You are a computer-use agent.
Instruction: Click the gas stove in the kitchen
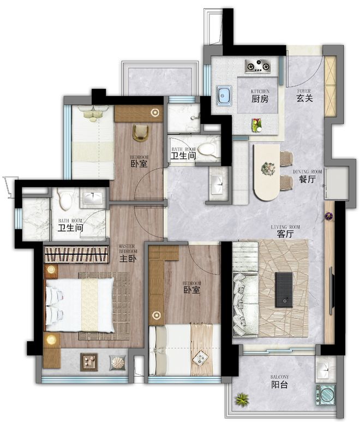pyautogui.click(x=257, y=66)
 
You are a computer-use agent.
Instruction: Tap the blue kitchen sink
pyautogui.click(x=224, y=96)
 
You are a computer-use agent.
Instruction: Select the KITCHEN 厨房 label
pyautogui.click(x=260, y=96)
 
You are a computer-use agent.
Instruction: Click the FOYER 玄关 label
pyautogui.click(x=304, y=96)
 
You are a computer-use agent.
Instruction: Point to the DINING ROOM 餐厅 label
pyautogui.click(x=307, y=176)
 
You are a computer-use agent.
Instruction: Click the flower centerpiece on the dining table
pyautogui.click(x=268, y=169)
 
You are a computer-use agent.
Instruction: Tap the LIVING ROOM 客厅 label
pyautogui.click(x=285, y=231)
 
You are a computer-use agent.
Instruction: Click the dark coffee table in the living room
pyautogui.click(x=284, y=289)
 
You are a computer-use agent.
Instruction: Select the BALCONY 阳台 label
pyautogui.click(x=280, y=382)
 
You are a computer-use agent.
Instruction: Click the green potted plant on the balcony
pyautogui.click(x=242, y=399)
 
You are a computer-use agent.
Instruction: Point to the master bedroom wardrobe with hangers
pyautogui.click(x=76, y=254)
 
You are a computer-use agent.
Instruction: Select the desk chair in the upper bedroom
pyautogui.click(x=141, y=133)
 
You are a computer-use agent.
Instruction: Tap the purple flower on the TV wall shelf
pyautogui.click(x=328, y=215)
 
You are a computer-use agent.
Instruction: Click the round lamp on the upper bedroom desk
pyautogui.click(x=155, y=112)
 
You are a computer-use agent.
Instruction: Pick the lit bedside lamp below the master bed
pyautogui.click(x=51, y=340)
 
